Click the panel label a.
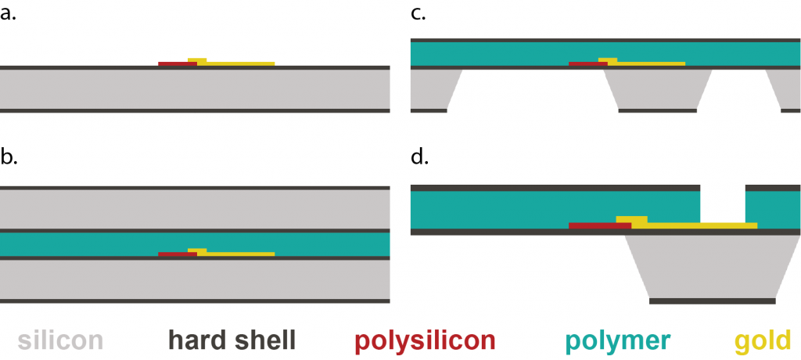9,14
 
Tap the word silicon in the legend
60,340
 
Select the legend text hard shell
232,340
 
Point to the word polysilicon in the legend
425,340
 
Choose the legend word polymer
618,340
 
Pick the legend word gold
763,340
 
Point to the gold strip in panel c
649,63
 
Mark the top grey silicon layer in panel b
196,210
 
